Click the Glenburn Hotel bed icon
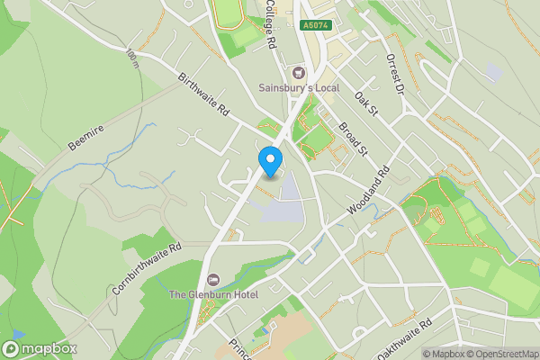click(x=213, y=279)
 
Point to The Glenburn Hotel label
click(x=213, y=294)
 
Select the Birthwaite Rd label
click(x=204, y=98)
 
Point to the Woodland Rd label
click(x=369, y=190)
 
